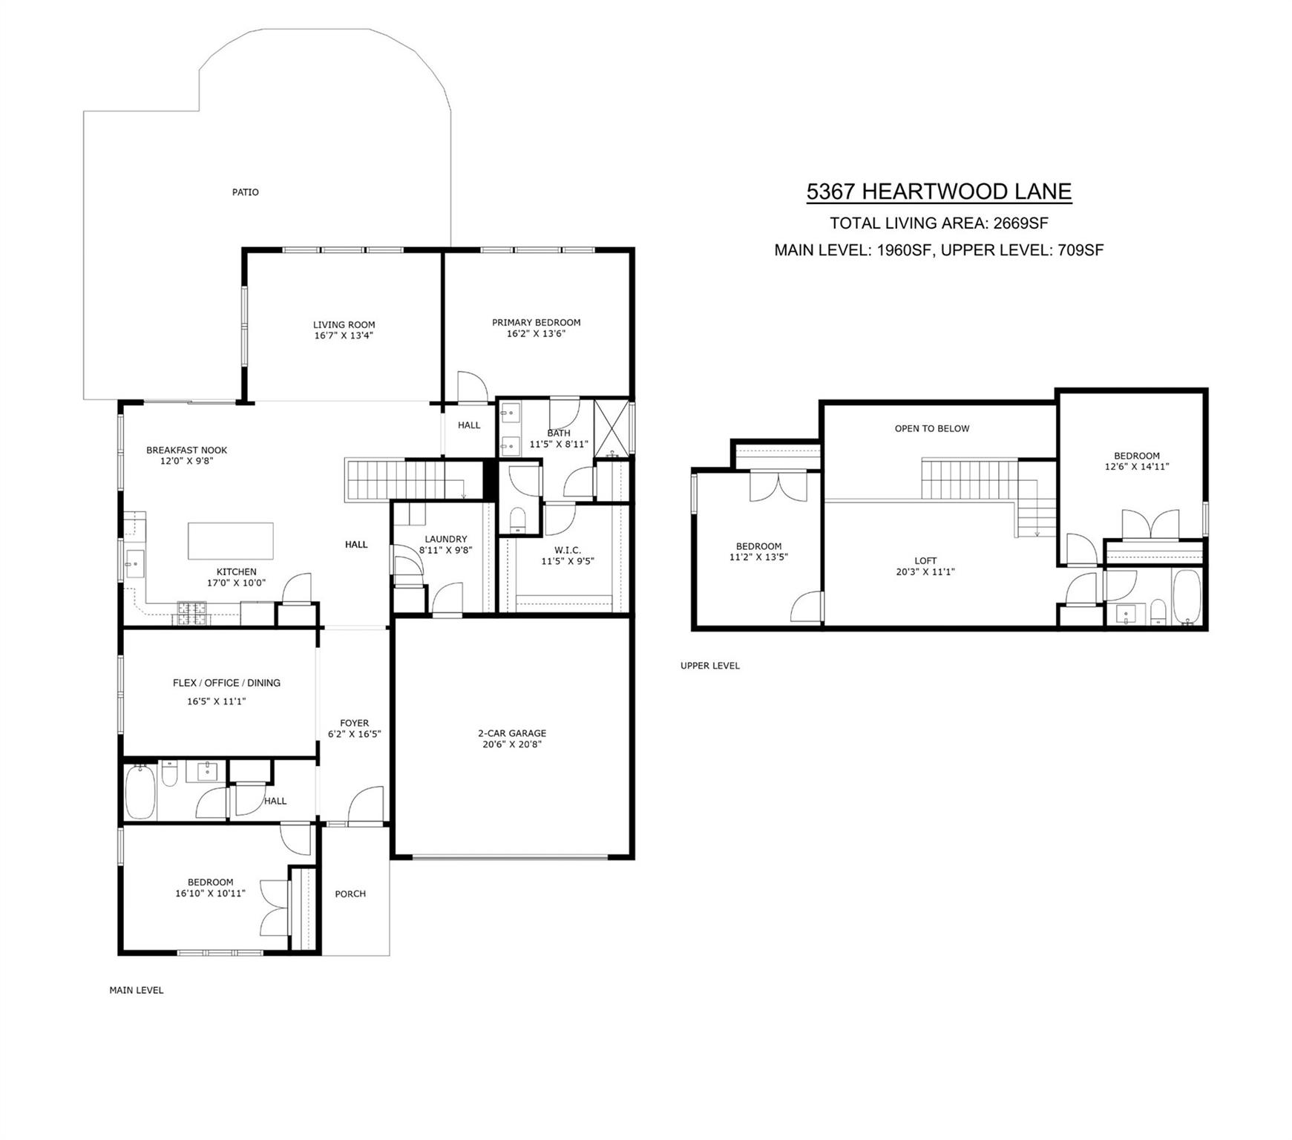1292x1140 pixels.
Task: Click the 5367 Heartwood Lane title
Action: tap(938, 191)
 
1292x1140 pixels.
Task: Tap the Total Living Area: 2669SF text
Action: tap(938, 223)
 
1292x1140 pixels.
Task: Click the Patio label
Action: tap(245, 192)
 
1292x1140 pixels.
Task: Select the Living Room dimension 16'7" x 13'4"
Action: tap(344, 335)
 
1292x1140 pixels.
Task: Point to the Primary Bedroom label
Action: tap(536, 322)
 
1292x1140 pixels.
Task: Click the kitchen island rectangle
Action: tap(230, 540)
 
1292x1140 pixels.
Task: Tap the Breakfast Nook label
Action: tap(186, 450)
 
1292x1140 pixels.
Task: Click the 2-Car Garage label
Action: tap(511, 733)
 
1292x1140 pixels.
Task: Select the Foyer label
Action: tap(354, 723)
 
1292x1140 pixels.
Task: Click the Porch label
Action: tap(350, 894)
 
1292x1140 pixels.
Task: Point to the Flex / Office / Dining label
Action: tap(226, 683)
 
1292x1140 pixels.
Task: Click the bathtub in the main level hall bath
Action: tap(140, 793)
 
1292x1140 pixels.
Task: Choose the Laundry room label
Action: tap(445, 540)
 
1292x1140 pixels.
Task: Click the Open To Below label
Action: tap(931, 428)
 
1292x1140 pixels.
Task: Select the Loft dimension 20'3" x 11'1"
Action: tap(925, 572)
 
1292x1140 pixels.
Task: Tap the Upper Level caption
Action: tap(709, 666)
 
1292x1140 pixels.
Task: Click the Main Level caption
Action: tap(136, 990)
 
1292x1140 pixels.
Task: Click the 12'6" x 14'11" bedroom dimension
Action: tap(1136, 467)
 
